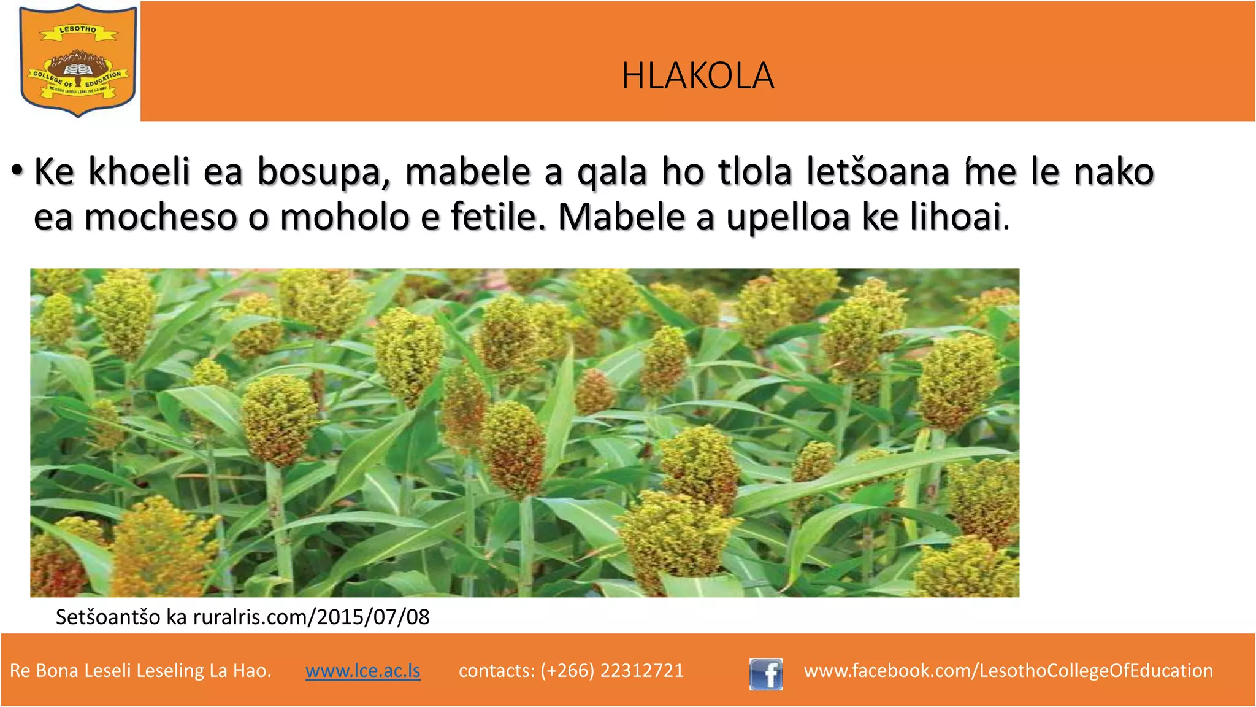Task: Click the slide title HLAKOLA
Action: point(697,76)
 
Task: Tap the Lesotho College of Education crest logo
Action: point(78,60)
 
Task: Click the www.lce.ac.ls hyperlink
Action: point(362,670)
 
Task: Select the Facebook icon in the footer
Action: point(765,674)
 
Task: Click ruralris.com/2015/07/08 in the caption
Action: point(312,617)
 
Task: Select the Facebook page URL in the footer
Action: point(1008,670)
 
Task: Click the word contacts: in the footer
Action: point(496,670)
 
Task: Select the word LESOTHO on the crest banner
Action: point(78,29)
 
